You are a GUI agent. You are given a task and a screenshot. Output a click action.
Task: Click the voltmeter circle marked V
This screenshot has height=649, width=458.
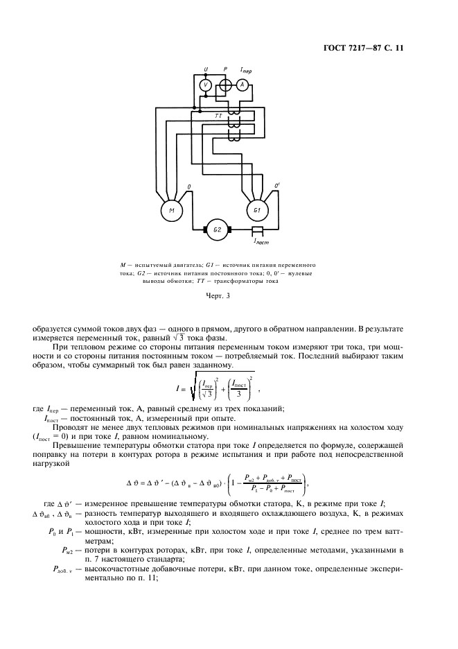(x=205, y=85)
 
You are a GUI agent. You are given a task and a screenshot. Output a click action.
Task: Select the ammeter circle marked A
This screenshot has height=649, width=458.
(x=242, y=85)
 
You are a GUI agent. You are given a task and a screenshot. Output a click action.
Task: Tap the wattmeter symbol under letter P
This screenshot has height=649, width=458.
(x=224, y=85)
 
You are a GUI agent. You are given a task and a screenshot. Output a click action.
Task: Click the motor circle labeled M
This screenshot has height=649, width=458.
(x=171, y=209)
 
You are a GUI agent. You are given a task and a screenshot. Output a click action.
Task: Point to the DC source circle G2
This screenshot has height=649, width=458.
(x=216, y=229)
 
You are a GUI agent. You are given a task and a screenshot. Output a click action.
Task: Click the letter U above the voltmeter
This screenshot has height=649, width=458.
(x=205, y=69)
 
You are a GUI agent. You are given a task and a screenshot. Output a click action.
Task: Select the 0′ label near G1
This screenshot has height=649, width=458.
(x=277, y=186)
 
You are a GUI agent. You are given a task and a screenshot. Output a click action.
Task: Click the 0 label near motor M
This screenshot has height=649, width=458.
(x=190, y=187)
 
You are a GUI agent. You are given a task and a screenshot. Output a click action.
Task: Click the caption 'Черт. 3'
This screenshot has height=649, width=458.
(x=218, y=297)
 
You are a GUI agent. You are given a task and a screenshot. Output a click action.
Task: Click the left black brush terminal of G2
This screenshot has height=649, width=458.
(x=204, y=229)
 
